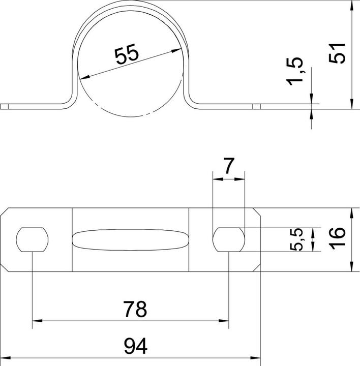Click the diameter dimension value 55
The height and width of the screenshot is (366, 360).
(x=126, y=54)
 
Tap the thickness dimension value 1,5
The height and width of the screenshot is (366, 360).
(x=296, y=72)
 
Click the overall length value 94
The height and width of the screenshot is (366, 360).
(x=135, y=347)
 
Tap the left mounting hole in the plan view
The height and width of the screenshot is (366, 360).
(x=33, y=239)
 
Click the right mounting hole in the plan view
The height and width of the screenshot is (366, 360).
(x=228, y=239)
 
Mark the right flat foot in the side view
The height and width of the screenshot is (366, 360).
(x=229, y=106)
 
